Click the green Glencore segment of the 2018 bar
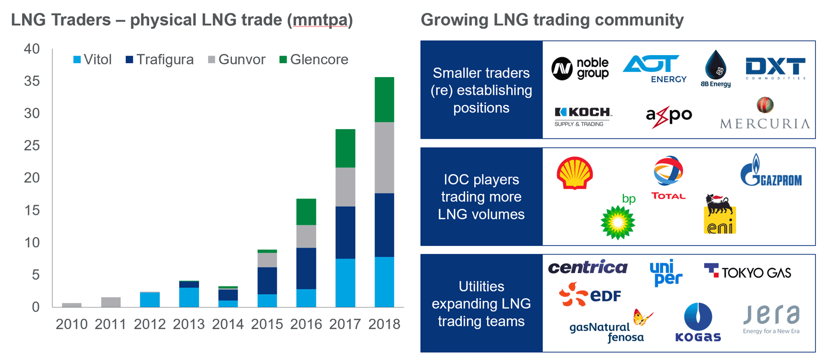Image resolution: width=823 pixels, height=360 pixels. point(384,99)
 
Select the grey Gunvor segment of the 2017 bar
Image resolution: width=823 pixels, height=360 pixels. point(345,187)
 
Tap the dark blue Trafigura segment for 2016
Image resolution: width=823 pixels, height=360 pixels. point(306,268)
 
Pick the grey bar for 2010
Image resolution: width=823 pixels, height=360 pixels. point(71,305)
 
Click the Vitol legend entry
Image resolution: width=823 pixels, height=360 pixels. point(93,60)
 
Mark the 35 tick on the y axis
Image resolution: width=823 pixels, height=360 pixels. point(32,81)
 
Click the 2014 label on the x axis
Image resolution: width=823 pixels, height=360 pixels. point(228,325)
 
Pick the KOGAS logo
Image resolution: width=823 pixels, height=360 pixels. point(698,322)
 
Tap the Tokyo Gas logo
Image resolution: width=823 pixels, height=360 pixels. point(747,272)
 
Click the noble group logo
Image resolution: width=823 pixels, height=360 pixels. point(580,68)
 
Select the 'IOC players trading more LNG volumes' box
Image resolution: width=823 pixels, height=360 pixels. point(481,196)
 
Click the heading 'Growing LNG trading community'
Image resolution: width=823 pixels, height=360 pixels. point(552,20)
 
